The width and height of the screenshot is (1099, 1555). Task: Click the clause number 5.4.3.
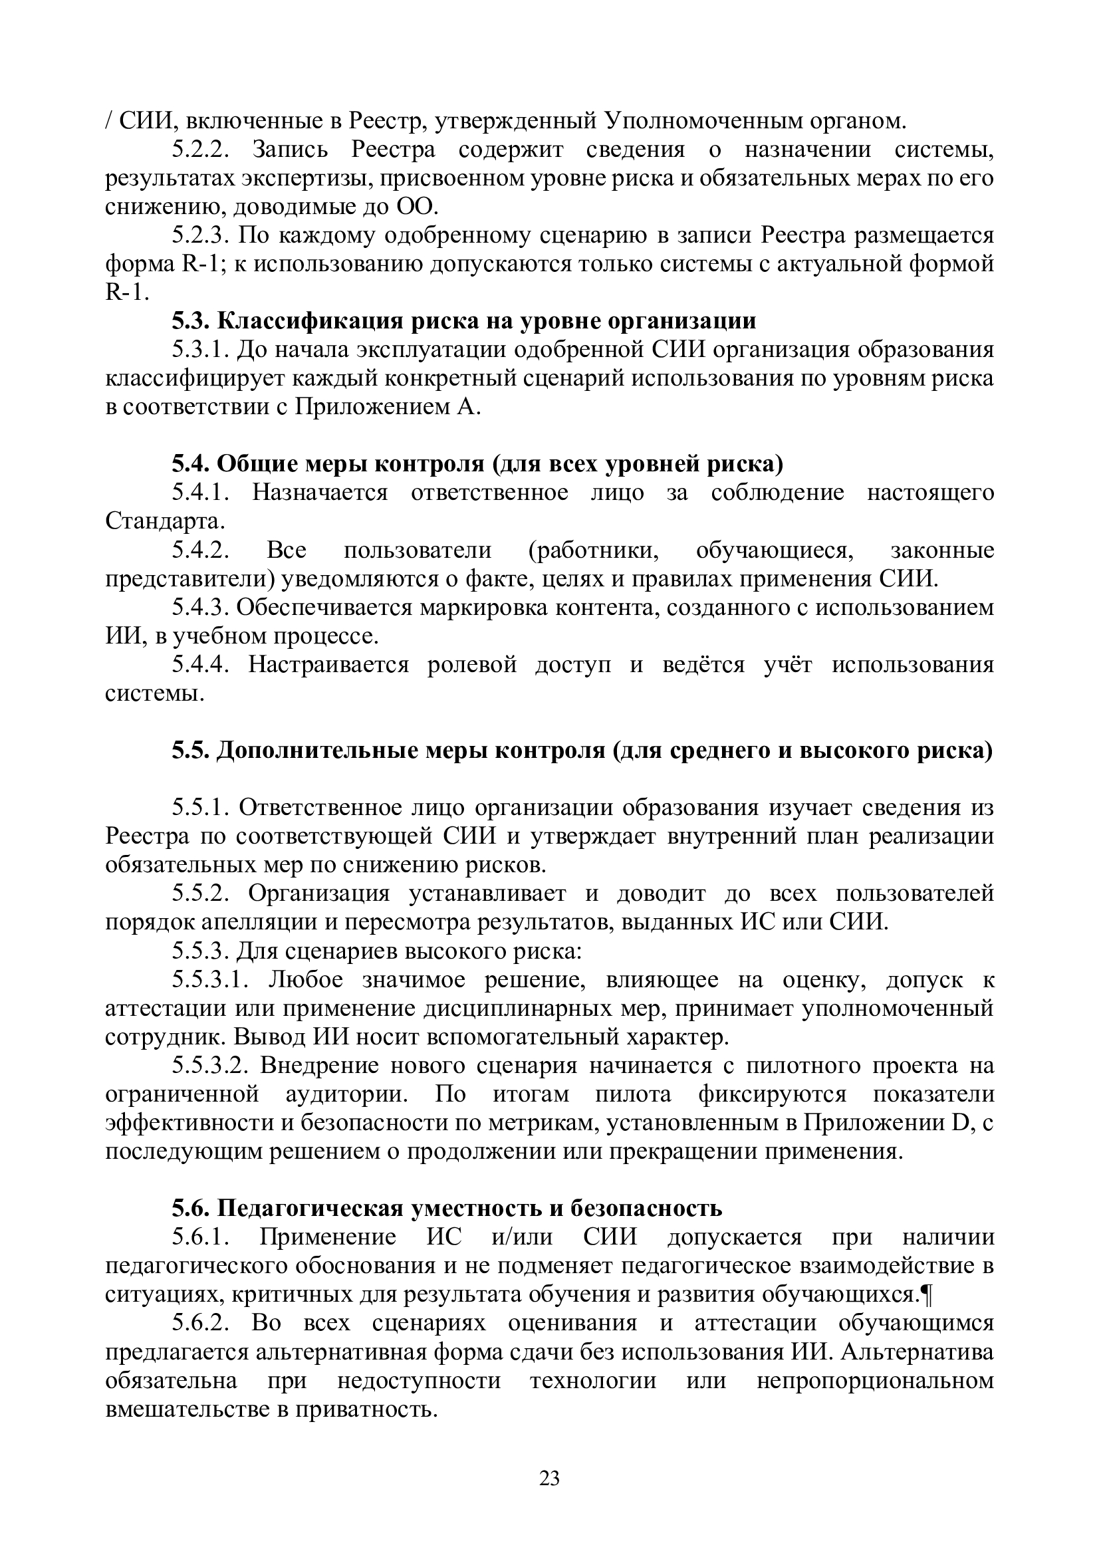click(x=200, y=608)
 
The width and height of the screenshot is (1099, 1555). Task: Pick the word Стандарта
click(x=162, y=521)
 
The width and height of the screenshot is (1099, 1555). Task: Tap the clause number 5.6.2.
click(x=200, y=1324)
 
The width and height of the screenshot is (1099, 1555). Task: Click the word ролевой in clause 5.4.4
click(x=472, y=665)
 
